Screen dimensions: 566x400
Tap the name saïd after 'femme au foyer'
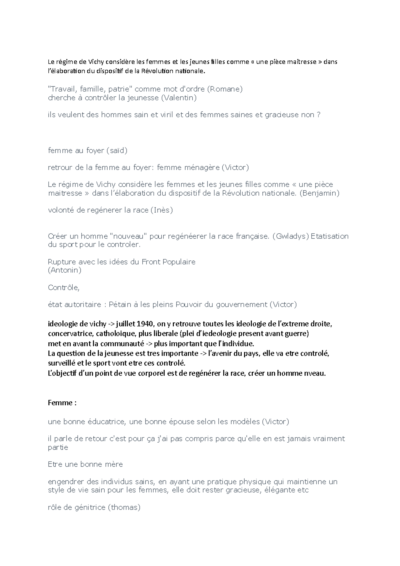[117, 150]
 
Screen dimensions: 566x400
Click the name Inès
[162, 210]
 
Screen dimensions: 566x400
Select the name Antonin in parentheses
[65, 270]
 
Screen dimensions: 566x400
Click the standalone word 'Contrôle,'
[64, 287]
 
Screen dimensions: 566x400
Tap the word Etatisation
[330, 236]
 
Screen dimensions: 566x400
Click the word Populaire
[179, 262]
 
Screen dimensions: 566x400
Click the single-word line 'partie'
[58, 447]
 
